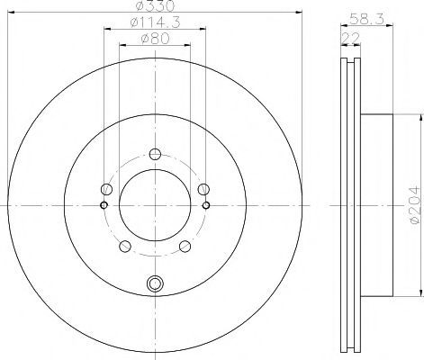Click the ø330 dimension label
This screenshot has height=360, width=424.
(x=155, y=6)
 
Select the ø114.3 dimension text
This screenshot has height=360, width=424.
(x=155, y=22)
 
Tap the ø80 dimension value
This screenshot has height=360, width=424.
(x=155, y=38)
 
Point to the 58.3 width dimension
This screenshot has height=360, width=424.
(x=366, y=20)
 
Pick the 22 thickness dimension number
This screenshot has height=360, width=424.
(x=351, y=38)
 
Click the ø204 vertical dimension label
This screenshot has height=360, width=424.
(x=415, y=205)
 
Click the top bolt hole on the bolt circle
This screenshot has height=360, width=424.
(x=155, y=155)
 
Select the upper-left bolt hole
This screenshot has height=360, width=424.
(x=106, y=189)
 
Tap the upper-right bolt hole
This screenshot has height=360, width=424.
(x=203, y=189)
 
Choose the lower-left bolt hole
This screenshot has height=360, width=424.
(x=125, y=247)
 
